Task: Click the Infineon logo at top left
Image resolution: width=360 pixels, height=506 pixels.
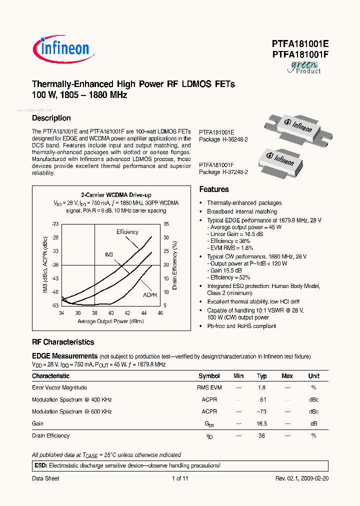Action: [61, 48]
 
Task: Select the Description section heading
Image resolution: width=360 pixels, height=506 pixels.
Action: [51, 118]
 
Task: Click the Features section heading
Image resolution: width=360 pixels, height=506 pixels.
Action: [214, 189]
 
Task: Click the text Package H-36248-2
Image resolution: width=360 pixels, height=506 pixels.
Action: [223, 139]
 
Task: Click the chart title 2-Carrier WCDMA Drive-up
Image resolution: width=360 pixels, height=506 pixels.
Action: [116, 195]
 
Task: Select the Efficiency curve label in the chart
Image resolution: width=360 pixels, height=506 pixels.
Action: [127, 232]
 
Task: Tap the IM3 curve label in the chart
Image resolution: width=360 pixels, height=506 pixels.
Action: [109, 254]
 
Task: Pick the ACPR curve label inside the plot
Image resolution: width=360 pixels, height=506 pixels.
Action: [149, 295]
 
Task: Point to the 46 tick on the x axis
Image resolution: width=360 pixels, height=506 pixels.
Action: [160, 313]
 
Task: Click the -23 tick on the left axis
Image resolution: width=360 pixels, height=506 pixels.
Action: [55, 224]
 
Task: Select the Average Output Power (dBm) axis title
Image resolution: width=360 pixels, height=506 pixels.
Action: [111, 321]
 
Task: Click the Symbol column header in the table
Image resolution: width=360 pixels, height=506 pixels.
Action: [209, 376]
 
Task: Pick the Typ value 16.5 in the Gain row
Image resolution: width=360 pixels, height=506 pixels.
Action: [261, 423]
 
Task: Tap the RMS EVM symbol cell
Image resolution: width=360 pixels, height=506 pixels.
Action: [209, 387]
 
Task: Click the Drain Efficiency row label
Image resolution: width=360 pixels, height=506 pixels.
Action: [51, 435]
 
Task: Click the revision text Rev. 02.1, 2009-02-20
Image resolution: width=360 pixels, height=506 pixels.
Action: [302, 478]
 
